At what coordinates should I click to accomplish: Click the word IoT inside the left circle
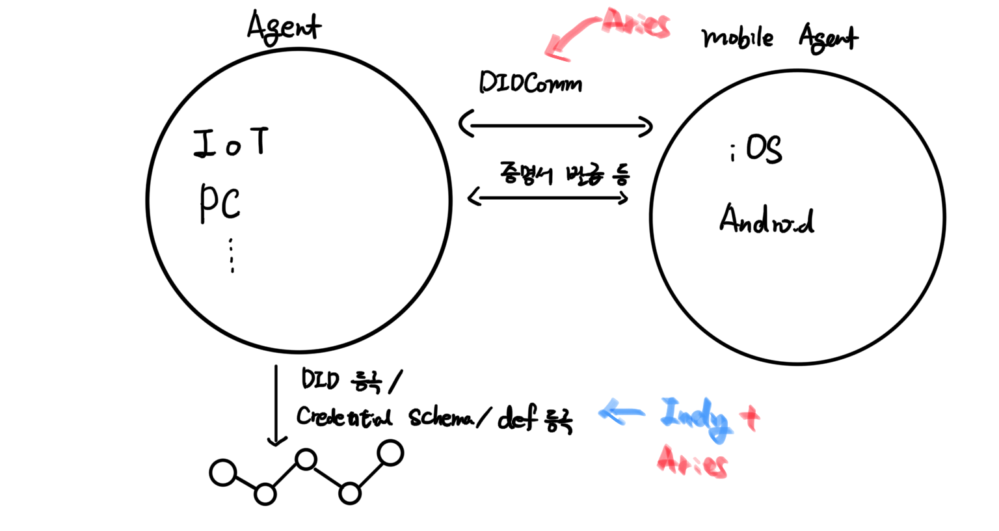[232, 143]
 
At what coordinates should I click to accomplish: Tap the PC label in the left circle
[220, 203]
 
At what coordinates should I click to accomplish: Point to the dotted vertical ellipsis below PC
[232, 256]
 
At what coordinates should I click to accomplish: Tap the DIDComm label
[530, 83]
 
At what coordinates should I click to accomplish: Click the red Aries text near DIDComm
[635, 23]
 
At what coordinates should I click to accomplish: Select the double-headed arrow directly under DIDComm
[556, 125]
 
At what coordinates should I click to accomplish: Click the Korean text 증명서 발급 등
[564, 174]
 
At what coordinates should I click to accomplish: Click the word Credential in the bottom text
[344, 416]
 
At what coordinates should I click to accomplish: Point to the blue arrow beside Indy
[621, 412]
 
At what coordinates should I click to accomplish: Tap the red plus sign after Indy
[749, 418]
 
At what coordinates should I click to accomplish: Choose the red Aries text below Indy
[691, 463]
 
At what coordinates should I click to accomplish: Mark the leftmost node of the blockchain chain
[223, 473]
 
